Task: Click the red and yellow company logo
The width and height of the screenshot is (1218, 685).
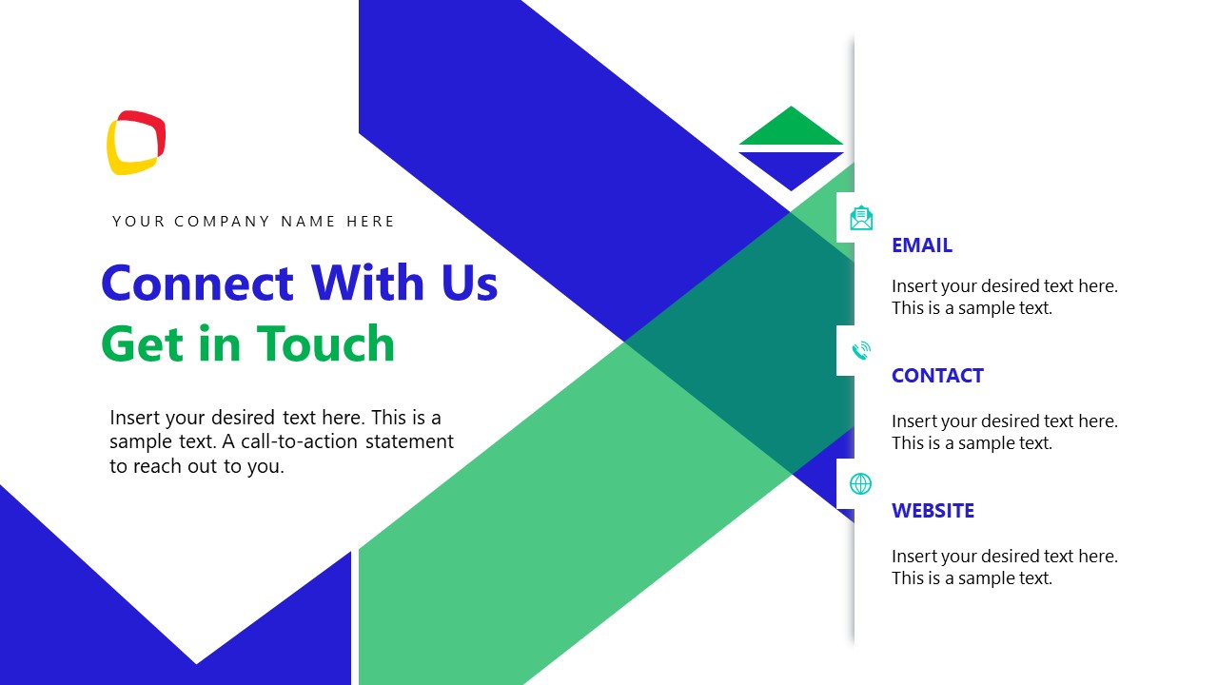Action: coord(136,143)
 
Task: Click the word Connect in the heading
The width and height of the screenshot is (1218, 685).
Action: coord(197,283)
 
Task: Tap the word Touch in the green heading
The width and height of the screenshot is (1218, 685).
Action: coord(325,343)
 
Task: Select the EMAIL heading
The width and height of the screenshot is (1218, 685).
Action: coord(921,245)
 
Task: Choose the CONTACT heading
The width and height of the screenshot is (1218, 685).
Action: coord(936,376)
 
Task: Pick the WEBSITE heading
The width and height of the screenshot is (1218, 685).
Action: coord(933,511)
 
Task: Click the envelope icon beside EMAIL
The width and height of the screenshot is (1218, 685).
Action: coord(860,218)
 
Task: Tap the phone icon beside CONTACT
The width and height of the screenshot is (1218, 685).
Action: coord(860,351)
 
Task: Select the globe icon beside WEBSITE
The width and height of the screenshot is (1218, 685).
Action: coord(860,483)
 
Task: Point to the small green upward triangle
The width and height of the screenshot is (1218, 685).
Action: coord(791,128)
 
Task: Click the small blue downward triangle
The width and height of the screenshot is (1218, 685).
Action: coord(791,168)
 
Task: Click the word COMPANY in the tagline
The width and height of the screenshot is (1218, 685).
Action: coord(223,222)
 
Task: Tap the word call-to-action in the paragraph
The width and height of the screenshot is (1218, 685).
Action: coord(295,441)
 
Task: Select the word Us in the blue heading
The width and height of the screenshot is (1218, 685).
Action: coord(469,283)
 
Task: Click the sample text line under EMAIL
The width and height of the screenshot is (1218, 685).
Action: coord(972,308)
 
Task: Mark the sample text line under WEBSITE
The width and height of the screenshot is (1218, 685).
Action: coord(972,578)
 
